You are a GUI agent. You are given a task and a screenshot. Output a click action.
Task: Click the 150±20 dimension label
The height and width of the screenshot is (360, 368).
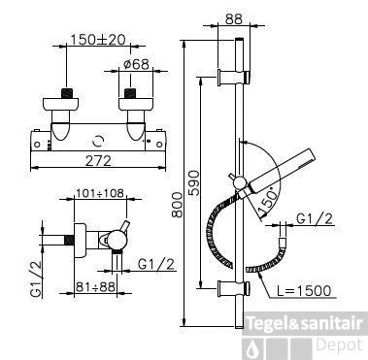pos(97,40)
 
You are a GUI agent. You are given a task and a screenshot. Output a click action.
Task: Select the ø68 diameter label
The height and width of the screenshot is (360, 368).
pos(136,64)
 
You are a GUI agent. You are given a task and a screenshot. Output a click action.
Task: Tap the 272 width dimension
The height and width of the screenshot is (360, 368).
pos(98,161)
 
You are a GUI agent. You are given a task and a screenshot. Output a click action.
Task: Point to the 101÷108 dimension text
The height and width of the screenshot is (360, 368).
pos(99,193)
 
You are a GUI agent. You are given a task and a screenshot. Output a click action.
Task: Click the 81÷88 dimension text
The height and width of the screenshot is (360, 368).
pos(95,286)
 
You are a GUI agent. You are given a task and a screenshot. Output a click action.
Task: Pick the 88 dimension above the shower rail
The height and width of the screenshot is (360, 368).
pos(234,18)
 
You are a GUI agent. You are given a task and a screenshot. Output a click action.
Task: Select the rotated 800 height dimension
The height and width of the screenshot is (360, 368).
pos(177,205)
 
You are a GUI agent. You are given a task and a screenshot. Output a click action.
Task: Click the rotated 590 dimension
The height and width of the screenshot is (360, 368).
pos(194,182)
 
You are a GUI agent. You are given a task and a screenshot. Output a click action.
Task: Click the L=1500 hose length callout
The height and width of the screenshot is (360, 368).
pos(305,291)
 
